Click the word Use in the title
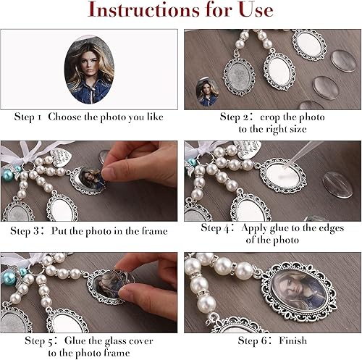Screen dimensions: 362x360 pos(256,9)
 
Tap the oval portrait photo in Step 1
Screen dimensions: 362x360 pos(89,70)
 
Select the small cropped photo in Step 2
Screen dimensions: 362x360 pos(207,92)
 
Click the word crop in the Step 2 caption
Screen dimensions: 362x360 pos(270,117)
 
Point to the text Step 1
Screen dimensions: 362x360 pos(28,117)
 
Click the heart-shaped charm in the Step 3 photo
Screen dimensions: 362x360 pos(59,157)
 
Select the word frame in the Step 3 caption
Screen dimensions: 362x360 pos(154,231)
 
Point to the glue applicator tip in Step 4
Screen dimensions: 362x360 pos(287,167)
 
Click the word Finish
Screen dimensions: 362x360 pos(293,340)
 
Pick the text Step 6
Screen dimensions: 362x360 pos(256,340)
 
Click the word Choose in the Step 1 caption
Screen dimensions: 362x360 pos(64,117)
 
